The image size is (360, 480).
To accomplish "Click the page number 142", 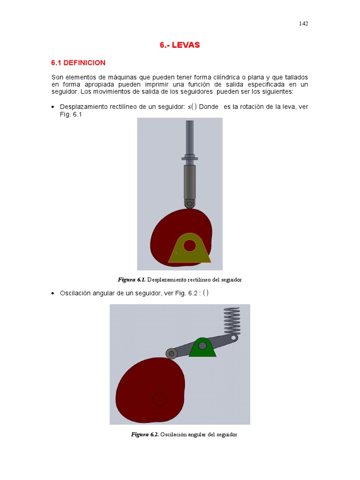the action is click(x=303, y=23).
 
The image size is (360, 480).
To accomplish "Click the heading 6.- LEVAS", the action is click(x=180, y=45).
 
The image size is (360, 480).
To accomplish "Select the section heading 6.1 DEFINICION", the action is click(x=78, y=63).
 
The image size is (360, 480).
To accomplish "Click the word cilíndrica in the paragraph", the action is click(x=226, y=77).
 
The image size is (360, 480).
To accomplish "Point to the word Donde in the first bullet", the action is click(x=209, y=107).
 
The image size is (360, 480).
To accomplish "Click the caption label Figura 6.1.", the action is click(x=131, y=280).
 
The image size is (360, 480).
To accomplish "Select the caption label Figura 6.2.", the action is click(x=145, y=435).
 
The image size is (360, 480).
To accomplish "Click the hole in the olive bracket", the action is click(x=190, y=246).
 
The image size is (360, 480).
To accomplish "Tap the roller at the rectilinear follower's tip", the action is click(x=189, y=204).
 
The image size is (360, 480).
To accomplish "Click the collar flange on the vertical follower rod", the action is click(x=189, y=158).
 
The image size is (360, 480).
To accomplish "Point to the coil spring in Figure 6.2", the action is click(x=232, y=321).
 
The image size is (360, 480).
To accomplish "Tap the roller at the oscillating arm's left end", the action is click(x=172, y=354).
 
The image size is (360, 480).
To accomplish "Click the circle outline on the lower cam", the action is click(x=159, y=399).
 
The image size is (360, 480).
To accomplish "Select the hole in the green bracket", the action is click(x=202, y=345).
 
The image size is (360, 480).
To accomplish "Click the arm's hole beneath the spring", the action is click(x=234, y=337).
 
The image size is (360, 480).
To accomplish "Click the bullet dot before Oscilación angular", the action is click(x=53, y=293).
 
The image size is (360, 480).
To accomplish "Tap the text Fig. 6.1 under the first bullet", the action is click(x=71, y=114).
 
